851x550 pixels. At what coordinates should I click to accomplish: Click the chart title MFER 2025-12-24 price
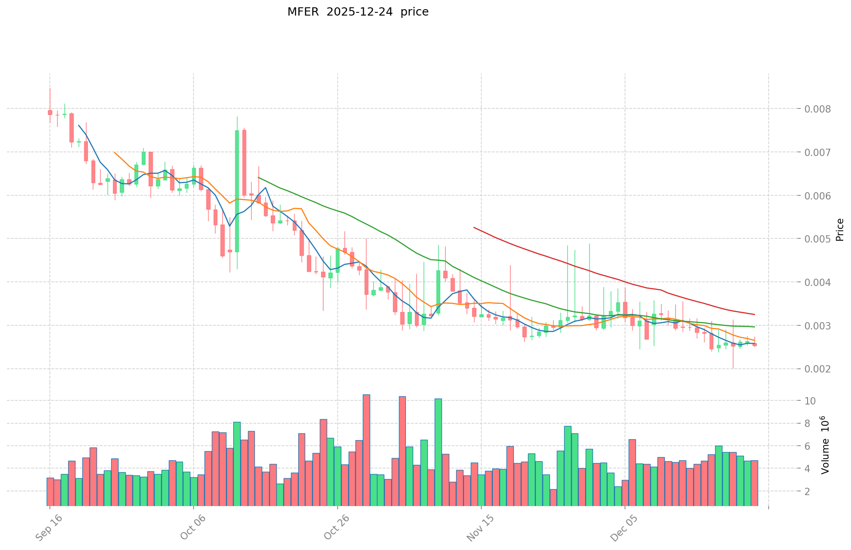coord(358,12)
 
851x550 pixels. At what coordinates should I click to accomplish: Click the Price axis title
coord(840,230)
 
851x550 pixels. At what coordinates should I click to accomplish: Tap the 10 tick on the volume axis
coord(810,401)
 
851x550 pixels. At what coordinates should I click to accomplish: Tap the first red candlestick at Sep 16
coord(50,112)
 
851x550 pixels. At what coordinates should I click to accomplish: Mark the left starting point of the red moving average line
coord(474,227)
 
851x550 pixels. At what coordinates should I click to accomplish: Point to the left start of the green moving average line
coord(259,177)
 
